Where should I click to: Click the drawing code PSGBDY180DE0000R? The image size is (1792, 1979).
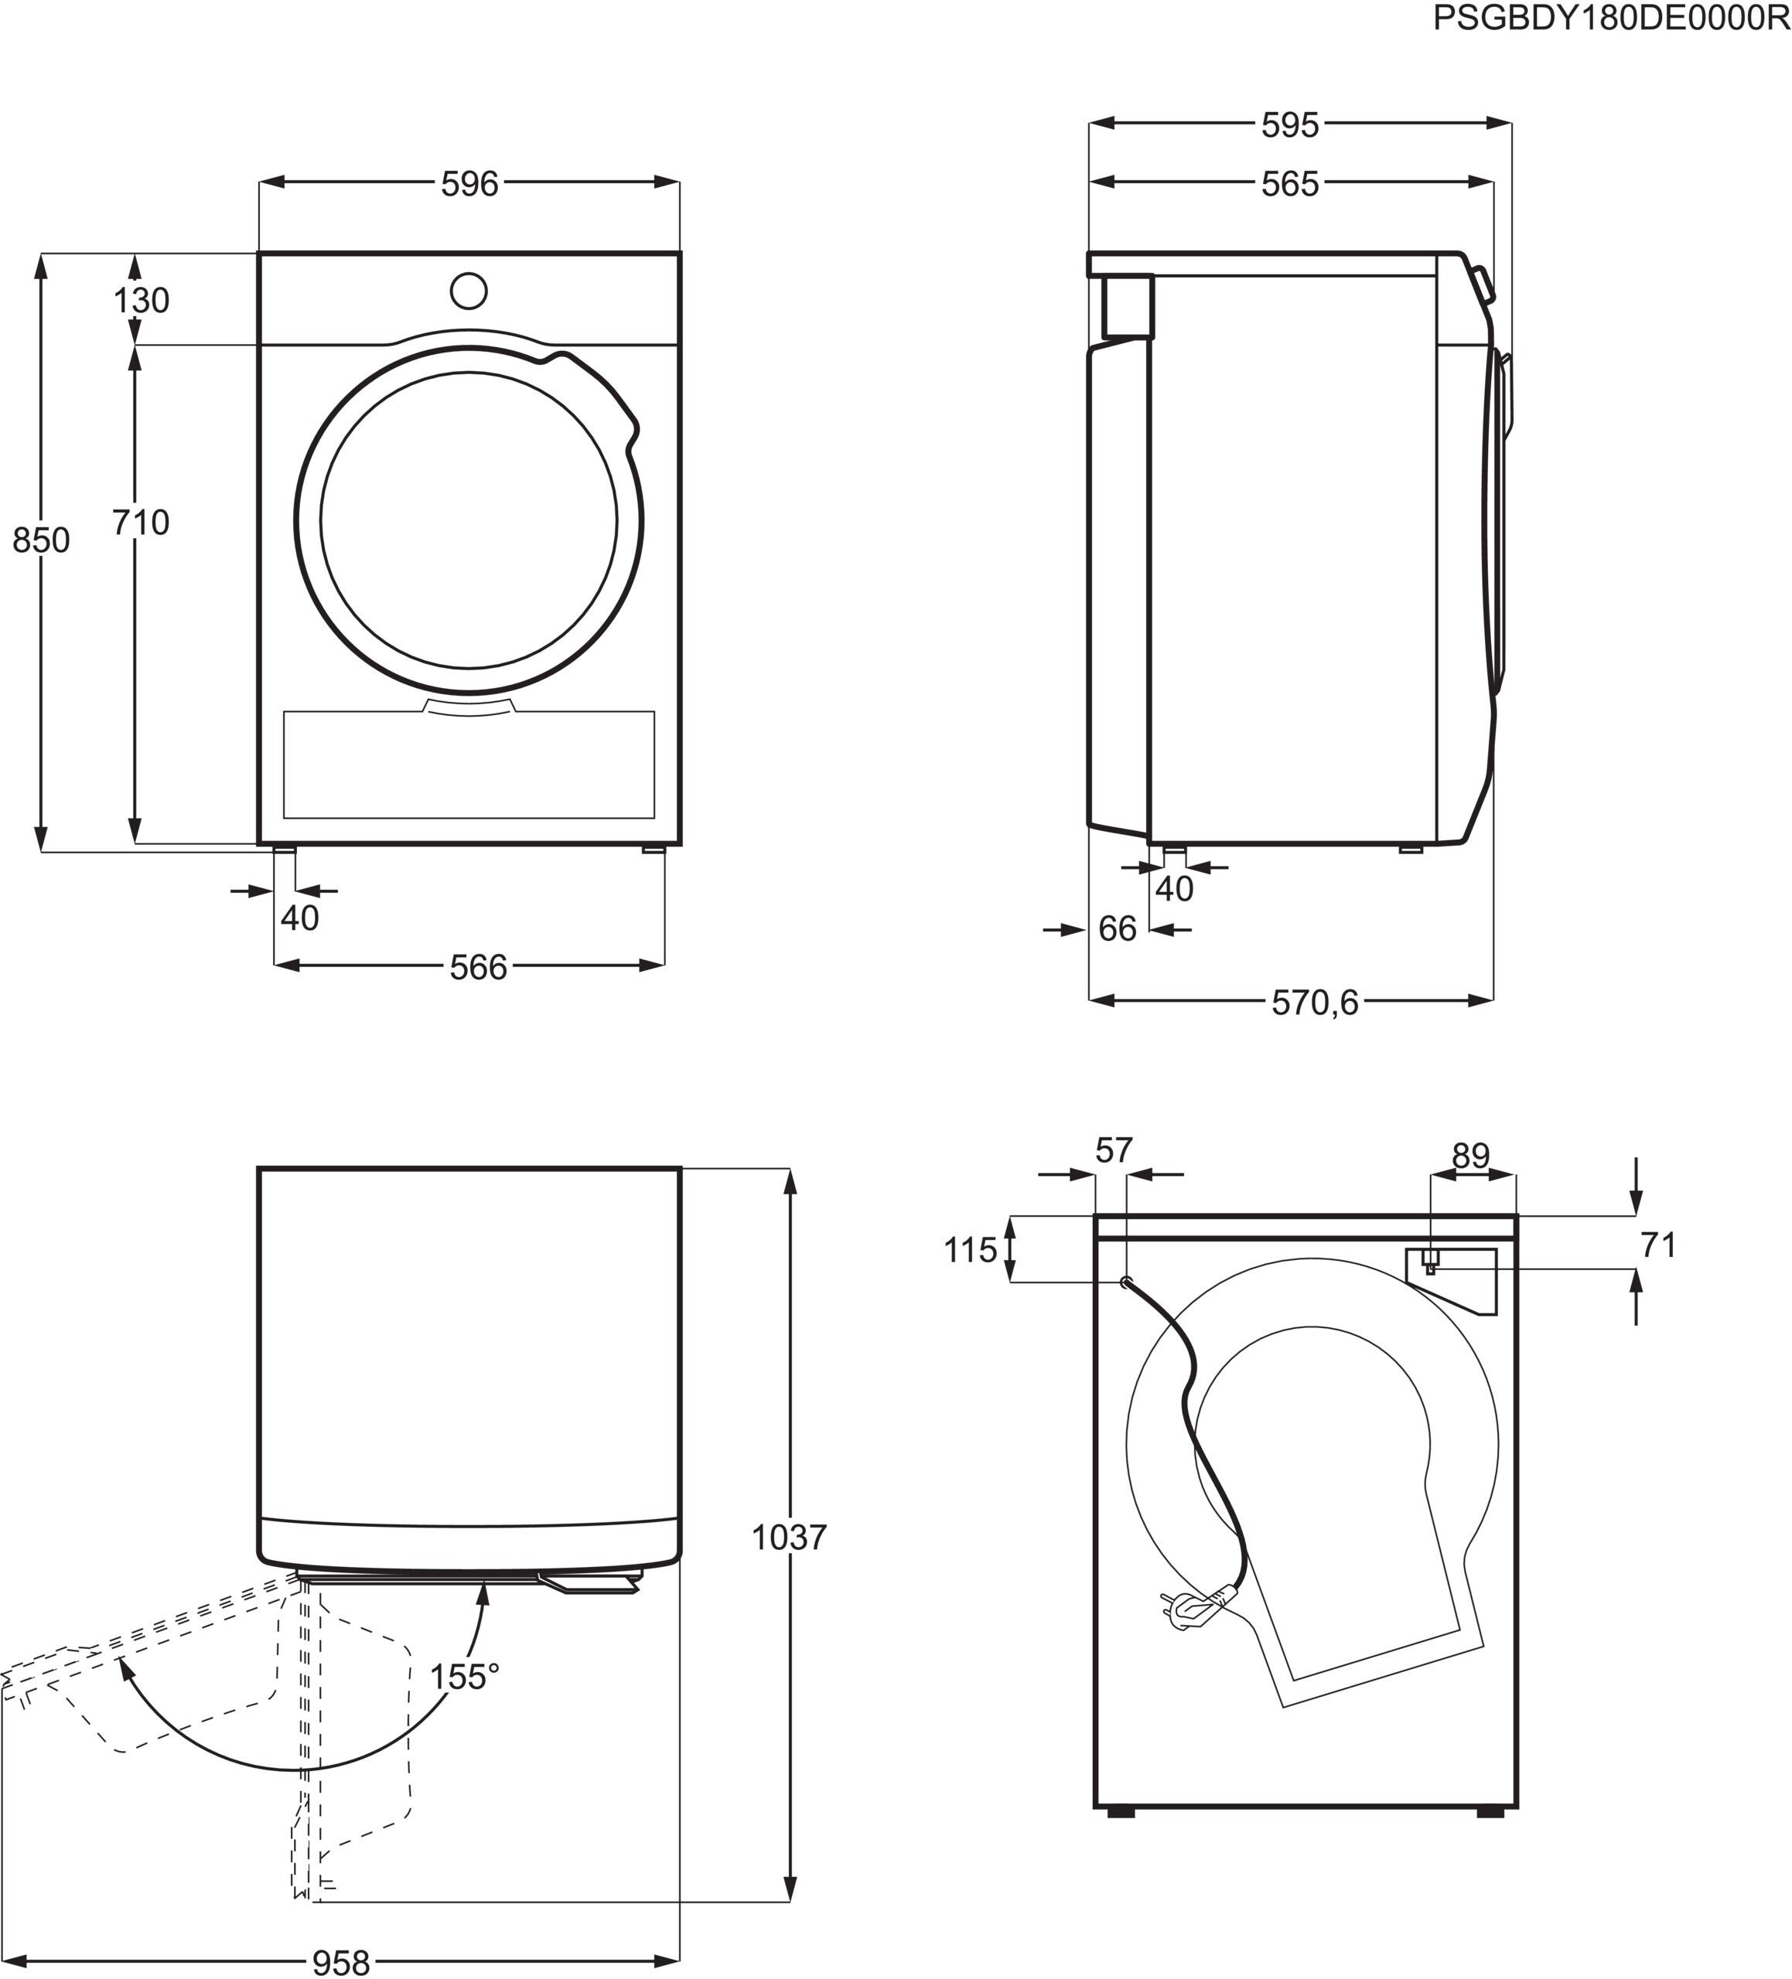click(1611, 19)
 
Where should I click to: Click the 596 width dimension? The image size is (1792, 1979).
click(469, 183)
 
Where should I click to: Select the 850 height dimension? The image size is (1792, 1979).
click(41, 540)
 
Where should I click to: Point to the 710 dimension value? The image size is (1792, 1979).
click(141, 523)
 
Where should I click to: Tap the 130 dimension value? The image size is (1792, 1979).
click(142, 301)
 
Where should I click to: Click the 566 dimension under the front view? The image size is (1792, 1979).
click(478, 968)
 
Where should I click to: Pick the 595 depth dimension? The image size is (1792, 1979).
click(1289, 124)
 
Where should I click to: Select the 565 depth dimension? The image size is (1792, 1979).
click(1289, 183)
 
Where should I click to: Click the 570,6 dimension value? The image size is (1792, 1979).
click(1315, 1003)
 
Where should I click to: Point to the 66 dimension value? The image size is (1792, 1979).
click(1117, 928)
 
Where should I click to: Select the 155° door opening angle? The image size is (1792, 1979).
click(463, 1677)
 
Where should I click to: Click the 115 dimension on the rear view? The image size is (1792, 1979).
click(970, 1251)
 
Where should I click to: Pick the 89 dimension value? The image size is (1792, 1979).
click(1471, 1156)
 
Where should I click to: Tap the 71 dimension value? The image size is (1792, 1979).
click(1658, 1245)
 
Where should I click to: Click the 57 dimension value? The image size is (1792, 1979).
click(1114, 1150)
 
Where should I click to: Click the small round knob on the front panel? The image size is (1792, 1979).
click(469, 291)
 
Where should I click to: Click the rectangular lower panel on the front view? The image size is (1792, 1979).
click(469, 765)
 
